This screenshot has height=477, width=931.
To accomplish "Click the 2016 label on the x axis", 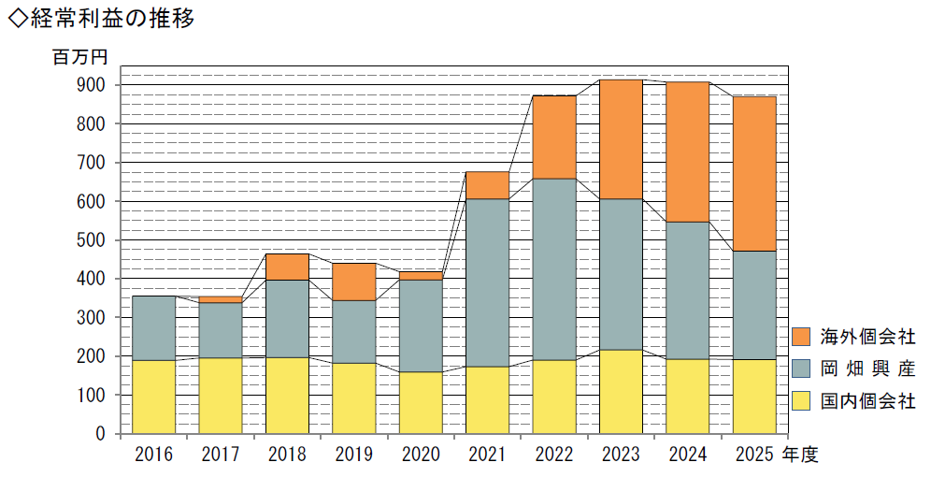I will (x=153, y=455).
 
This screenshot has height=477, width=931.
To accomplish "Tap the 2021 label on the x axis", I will (x=487, y=455).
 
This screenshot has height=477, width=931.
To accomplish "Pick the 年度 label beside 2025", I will (x=800, y=455).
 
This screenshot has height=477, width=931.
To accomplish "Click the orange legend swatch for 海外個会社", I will (x=802, y=336).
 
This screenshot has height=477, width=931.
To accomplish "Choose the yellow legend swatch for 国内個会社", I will (x=802, y=402).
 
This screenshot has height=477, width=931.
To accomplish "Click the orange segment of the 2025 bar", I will (x=753, y=173).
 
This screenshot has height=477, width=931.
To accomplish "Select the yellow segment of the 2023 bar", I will (x=621, y=392).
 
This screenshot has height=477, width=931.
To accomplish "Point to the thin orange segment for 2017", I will (x=221, y=299).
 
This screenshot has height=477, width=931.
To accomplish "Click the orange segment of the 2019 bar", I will (x=353, y=282).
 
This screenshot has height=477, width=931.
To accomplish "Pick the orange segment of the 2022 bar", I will (x=553, y=137).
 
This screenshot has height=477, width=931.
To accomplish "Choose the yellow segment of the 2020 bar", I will (x=421, y=403).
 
